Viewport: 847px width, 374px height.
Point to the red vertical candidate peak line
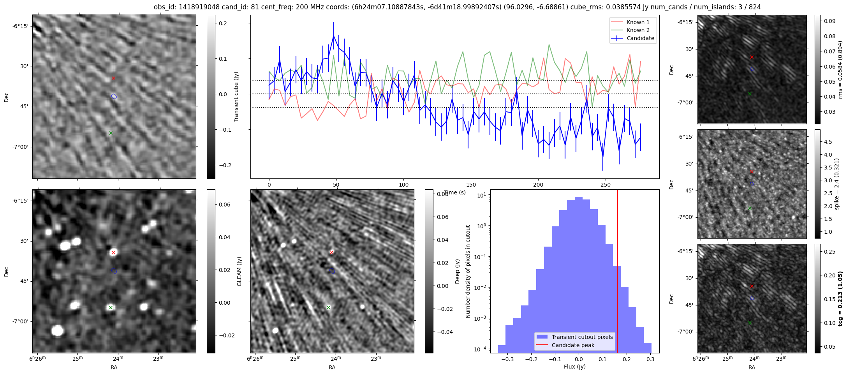pyautogui.click(x=618, y=271)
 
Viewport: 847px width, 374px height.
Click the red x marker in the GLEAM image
pyautogui.click(x=113, y=253)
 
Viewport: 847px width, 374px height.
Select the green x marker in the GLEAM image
pyautogui.click(x=111, y=307)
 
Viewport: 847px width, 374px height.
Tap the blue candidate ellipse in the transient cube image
pyautogui.click(x=114, y=96)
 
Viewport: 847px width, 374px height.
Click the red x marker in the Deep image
pyautogui.click(x=331, y=252)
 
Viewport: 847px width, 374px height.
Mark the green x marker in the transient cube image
pyautogui.click(x=111, y=133)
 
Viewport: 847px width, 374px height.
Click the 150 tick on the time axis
pyautogui.click(x=471, y=185)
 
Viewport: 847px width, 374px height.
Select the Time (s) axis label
pyautogui.click(x=455, y=192)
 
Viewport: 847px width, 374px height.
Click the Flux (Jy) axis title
pyautogui.click(x=575, y=367)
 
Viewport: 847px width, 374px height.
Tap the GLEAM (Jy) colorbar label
pyautogui.click(x=239, y=271)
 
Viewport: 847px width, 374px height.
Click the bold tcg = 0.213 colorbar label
pyautogui.click(x=840, y=298)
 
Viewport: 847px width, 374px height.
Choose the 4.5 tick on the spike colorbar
pyautogui.click(x=828, y=142)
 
